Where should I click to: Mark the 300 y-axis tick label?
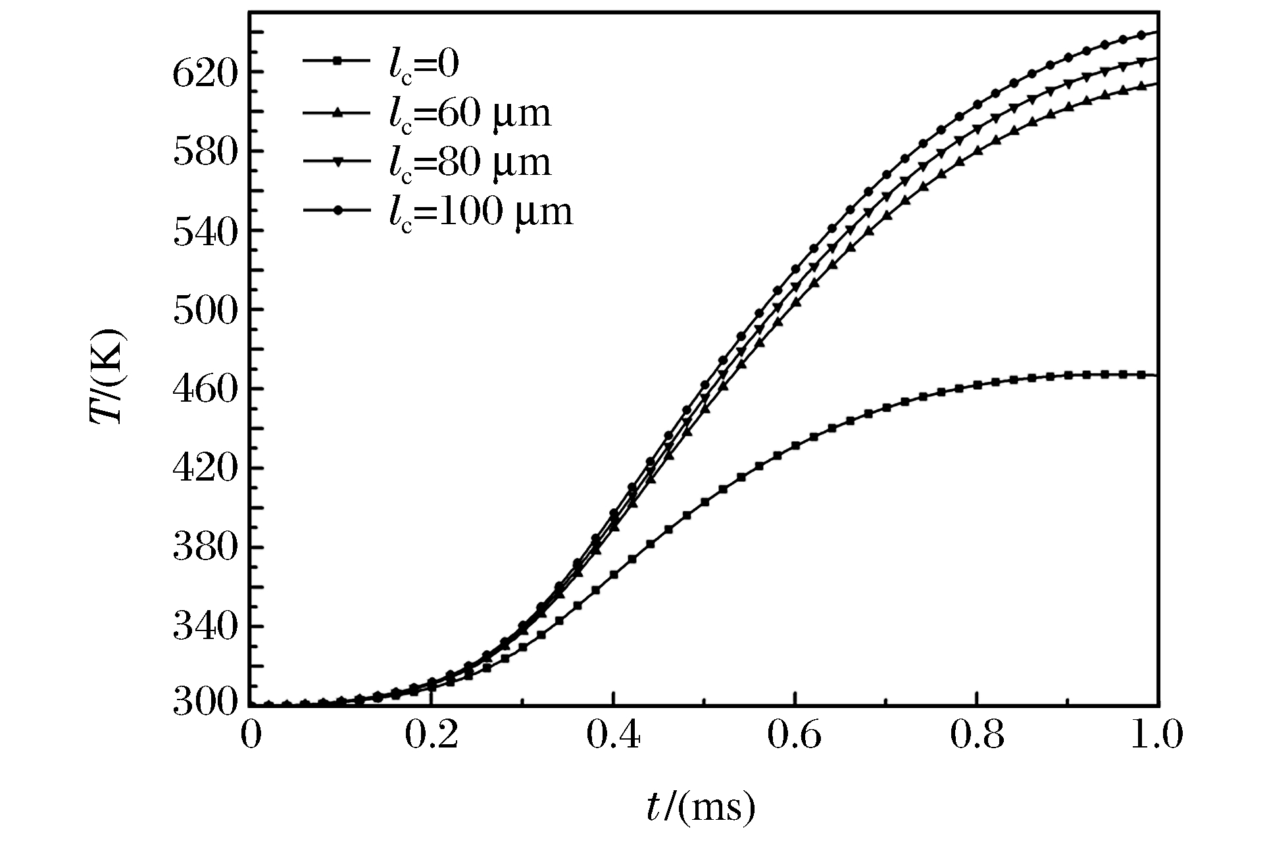click(x=203, y=703)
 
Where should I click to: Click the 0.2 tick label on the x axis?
click(x=431, y=736)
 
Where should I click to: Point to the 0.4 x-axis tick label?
click(x=613, y=736)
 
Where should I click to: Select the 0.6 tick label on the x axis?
click(x=795, y=736)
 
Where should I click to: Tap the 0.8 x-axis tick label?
click(x=978, y=736)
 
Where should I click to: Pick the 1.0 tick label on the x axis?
click(x=1156, y=736)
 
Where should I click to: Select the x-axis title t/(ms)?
click(x=701, y=808)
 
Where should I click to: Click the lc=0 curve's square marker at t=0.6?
click(x=795, y=446)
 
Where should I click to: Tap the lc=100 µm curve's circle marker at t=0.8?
click(x=978, y=105)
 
